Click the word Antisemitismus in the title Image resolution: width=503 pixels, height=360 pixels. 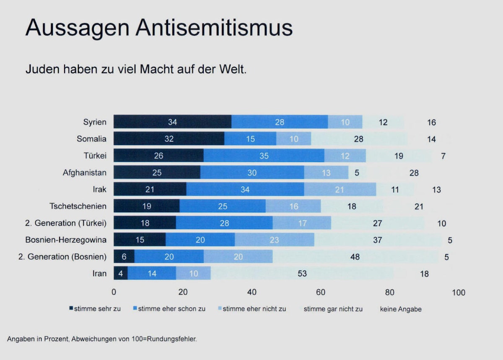[x=214, y=28]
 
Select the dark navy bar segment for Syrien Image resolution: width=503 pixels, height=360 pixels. [x=172, y=122]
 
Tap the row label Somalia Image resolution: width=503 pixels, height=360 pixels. [x=91, y=139]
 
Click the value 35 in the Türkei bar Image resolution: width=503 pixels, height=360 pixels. [x=264, y=156]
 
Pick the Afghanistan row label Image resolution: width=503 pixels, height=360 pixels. [x=85, y=172]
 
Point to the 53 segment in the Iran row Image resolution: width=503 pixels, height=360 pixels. [x=302, y=274]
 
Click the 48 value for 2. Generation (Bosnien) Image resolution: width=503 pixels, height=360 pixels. [x=355, y=257]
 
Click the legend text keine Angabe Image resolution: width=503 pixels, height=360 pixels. [x=401, y=309]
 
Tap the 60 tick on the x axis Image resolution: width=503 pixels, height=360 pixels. [x=321, y=292]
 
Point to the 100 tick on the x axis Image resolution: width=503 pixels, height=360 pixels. [x=459, y=292]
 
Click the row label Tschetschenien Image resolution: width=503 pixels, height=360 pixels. [x=78, y=206]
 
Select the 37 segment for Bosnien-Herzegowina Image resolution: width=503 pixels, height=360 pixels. [x=377, y=240]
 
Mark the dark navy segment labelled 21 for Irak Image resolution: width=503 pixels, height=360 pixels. [x=150, y=189]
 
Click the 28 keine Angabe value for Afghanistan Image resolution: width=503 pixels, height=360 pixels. [x=414, y=172]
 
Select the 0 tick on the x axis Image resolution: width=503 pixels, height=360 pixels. [x=114, y=292]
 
